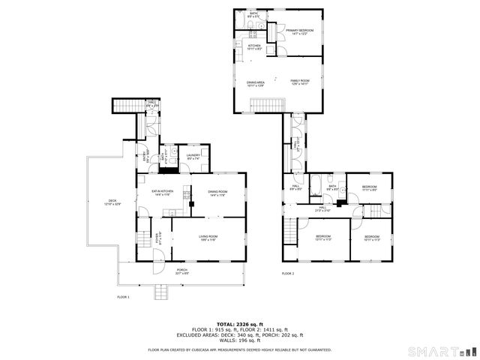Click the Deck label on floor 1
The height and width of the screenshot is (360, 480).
[x=112, y=201]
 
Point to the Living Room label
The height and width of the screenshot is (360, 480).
[x=208, y=238]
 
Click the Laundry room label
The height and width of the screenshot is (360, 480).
[x=193, y=157]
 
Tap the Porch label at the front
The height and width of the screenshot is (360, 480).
[x=182, y=271]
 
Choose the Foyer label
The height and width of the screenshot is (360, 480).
[x=158, y=235]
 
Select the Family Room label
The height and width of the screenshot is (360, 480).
[x=300, y=82]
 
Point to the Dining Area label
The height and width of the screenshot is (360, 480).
[x=256, y=83]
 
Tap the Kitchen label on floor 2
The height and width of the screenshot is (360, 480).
[x=254, y=46]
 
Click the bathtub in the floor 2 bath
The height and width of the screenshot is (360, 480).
[x=316, y=181]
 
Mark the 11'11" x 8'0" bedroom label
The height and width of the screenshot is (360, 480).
[x=370, y=187]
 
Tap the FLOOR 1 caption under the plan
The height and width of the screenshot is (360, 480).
[x=124, y=297]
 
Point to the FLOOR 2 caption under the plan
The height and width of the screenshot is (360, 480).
[x=288, y=274]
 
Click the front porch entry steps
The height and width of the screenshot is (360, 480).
[x=162, y=291]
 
